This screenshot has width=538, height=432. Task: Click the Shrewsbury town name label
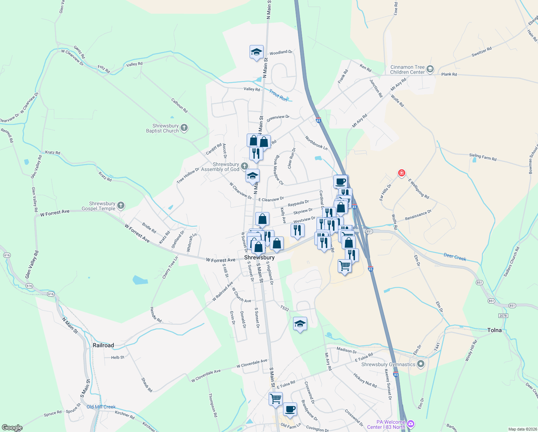[x=259, y=257]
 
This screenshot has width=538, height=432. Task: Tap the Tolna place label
[x=494, y=330]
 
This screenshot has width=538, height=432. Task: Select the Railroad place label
[x=103, y=345]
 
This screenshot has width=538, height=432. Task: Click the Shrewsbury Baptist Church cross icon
[x=184, y=128]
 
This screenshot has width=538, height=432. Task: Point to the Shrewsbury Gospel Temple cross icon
[x=121, y=206]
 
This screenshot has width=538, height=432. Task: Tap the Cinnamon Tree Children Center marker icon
[x=430, y=69]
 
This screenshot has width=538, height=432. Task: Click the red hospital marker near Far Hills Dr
[x=402, y=173]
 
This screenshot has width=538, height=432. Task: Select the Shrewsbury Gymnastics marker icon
[x=421, y=364]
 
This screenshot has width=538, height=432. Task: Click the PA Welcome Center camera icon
[x=411, y=424]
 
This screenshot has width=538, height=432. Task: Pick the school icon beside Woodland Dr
[x=256, y=52]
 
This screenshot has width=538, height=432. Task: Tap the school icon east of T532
[x=300, y=324]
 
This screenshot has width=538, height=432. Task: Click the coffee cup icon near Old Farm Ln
[x=290, y=409]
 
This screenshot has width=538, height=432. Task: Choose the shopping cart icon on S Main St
[x=275, y=399]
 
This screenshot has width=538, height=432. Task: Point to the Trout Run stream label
[x=278, y=95]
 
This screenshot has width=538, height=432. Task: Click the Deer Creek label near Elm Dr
[x=455, y=257]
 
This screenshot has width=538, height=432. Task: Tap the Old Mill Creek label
[x=101, y=407]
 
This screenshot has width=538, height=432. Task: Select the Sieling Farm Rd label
[x=483, y=157]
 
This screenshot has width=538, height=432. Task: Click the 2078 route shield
[x=503, y=316]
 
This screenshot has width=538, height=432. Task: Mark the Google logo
[x=12, y=428]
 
